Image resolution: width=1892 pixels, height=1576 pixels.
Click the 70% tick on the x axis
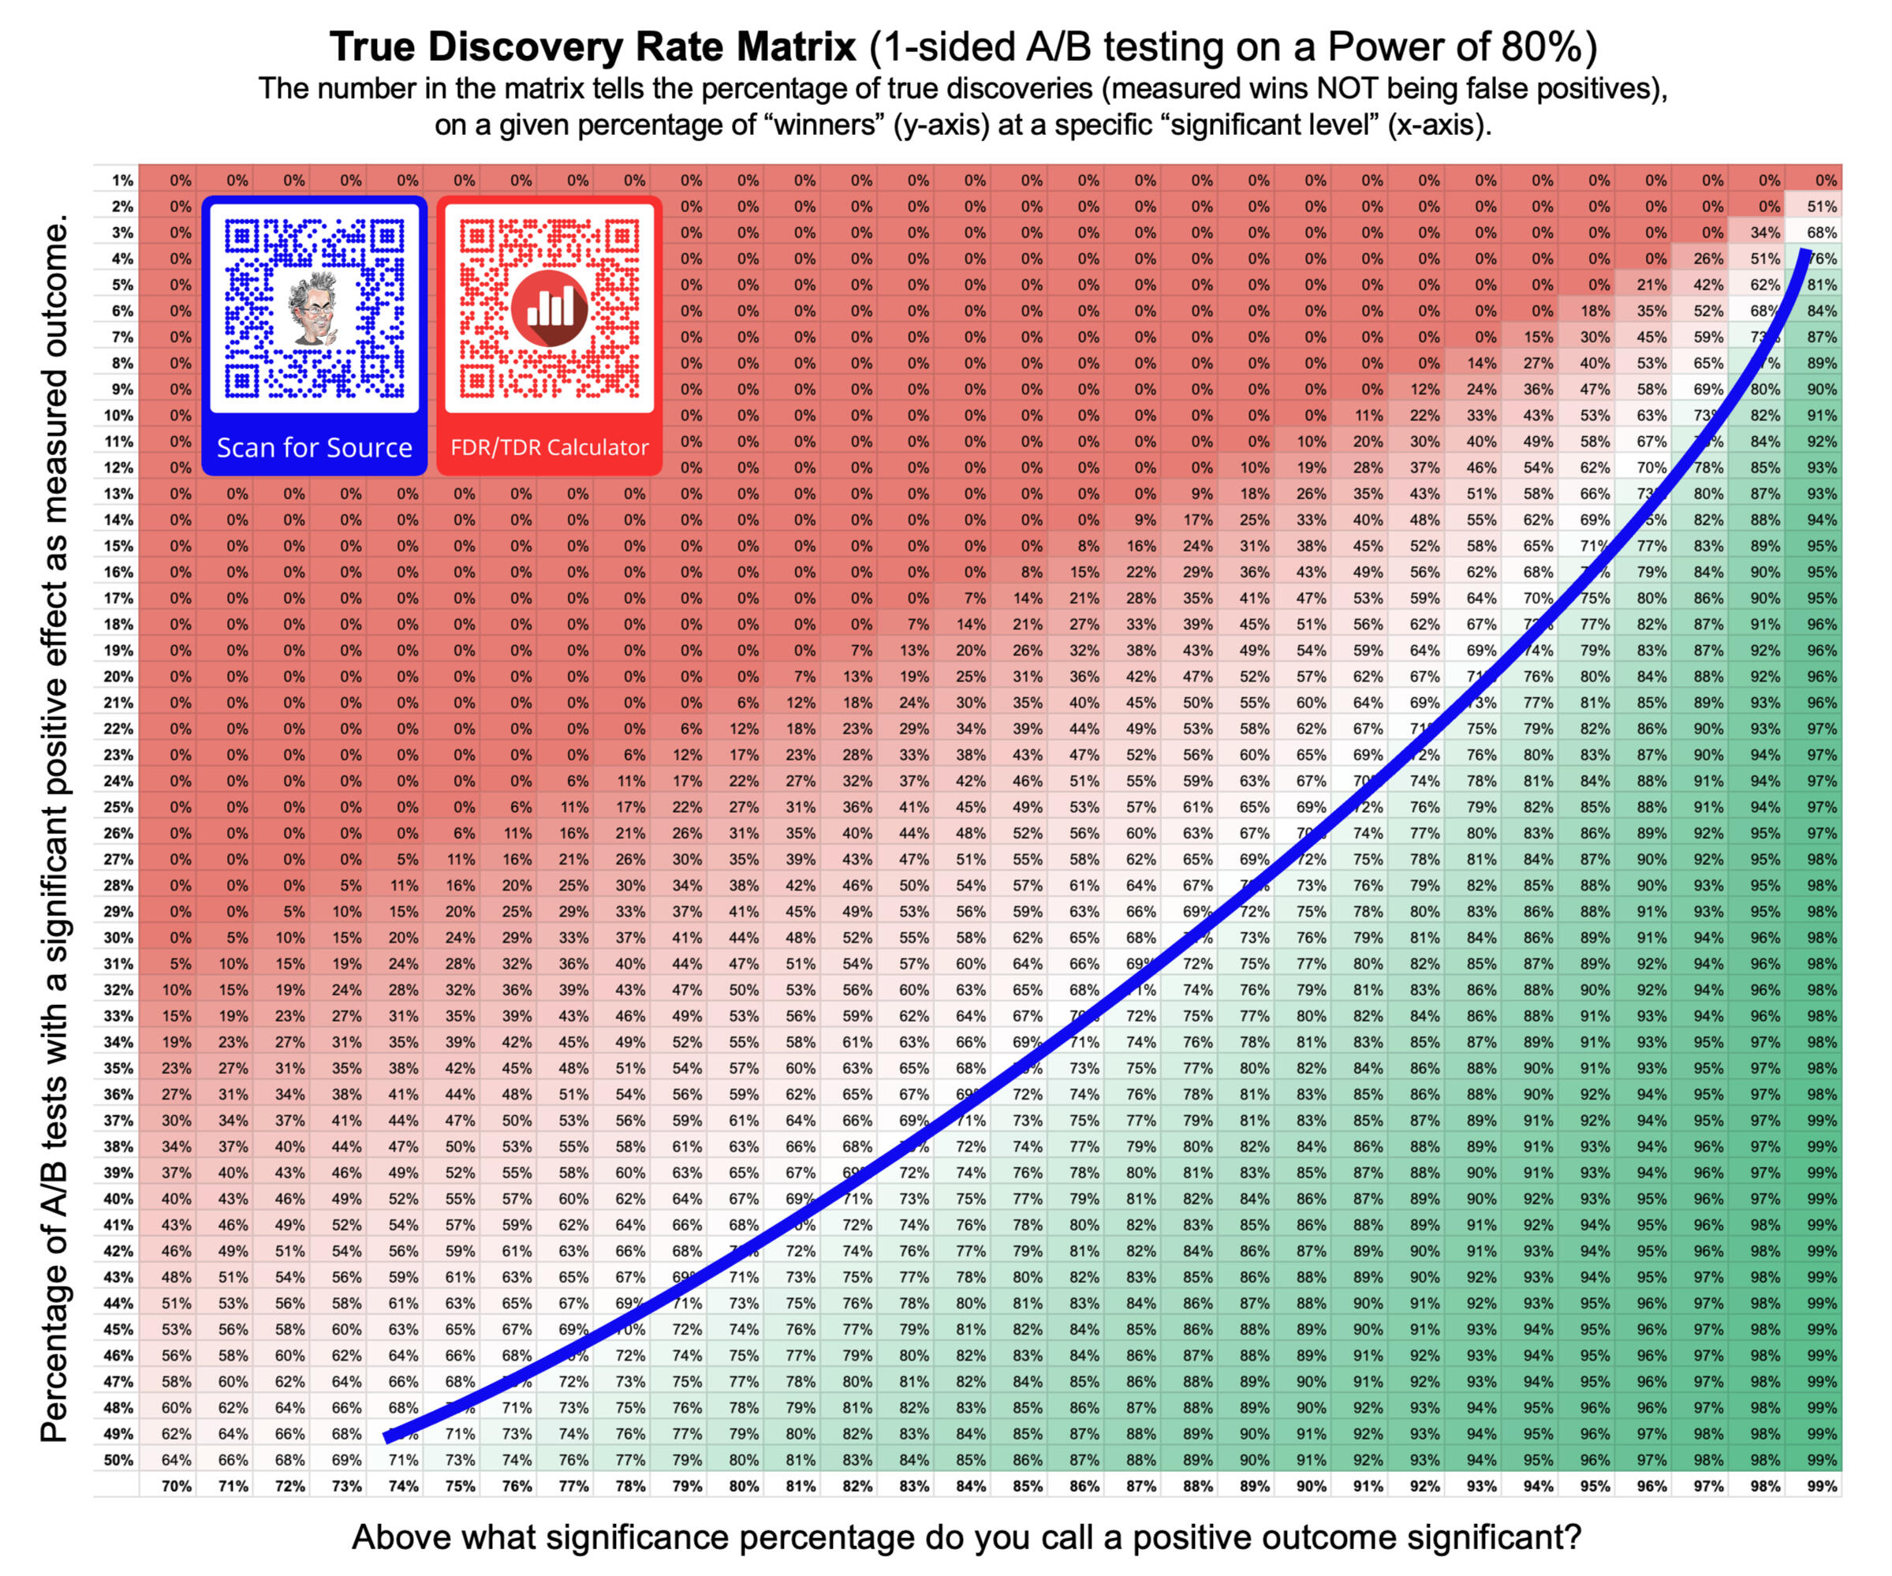click(x=177, y=1486)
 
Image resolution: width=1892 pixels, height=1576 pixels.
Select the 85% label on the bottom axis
click(x=1027, y=1486)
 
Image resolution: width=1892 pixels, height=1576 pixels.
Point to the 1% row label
click(x=121, y=180)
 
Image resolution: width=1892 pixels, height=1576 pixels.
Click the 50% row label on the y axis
click(x=118, y=1460)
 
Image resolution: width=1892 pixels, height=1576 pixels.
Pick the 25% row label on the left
click(x=118, y=808)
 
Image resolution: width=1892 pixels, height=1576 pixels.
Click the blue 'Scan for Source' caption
click(x=314, y=447)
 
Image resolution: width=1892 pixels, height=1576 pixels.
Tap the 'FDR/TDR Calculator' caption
click(x=550, y=447)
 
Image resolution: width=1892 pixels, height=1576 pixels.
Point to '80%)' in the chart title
click(x=1550, y=47)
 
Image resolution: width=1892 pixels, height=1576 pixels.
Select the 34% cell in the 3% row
click(x=1765, y=233)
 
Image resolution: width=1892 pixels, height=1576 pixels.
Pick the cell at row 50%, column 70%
click(x=177, y=1460)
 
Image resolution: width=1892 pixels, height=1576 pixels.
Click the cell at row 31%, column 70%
click(x=177, y=963)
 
